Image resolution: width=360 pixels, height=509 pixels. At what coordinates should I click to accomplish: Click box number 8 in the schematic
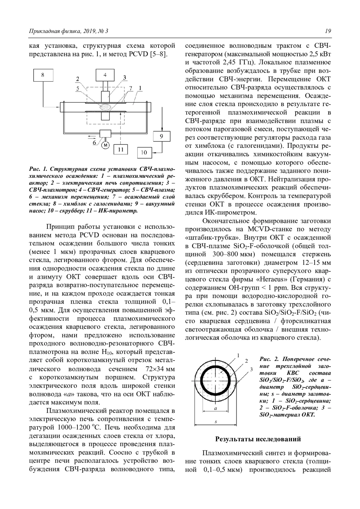click(43, 75)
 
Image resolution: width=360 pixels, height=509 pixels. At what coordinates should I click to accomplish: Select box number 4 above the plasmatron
click(105, 75)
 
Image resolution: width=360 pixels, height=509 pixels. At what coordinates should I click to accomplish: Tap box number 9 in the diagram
click(161, 136)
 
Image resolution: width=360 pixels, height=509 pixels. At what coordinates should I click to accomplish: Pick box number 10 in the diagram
click(144, 153)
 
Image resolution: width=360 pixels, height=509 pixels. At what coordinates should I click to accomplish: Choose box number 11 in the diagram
click(121, 149)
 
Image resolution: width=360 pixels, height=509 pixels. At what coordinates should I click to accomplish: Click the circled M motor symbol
click(105, 146)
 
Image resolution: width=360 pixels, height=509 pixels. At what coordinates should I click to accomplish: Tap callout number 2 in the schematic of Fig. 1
click(77, 79)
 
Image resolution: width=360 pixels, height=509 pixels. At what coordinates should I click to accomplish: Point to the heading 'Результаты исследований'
click(258, 439)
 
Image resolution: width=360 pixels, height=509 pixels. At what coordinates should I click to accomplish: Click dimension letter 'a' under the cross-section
click(215, 409)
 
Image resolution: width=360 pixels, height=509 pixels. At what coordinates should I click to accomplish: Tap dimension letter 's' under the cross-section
click(216, 422)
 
